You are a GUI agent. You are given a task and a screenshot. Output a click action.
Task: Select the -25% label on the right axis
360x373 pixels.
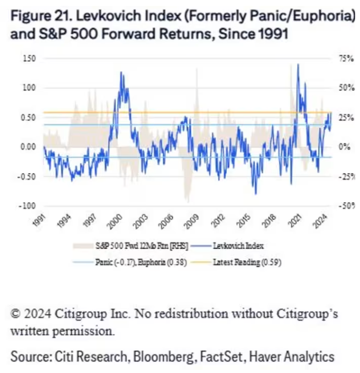pyautogui.click(x=346, y=176)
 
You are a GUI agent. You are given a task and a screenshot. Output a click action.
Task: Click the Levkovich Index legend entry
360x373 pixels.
pyautogui.click(x=239, y=246)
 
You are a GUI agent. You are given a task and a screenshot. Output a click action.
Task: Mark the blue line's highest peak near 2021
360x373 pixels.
pyautogui.click(x=297, y=65)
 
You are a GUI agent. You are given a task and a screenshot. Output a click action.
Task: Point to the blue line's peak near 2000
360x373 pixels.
pyautogui.click(x=121, y=72)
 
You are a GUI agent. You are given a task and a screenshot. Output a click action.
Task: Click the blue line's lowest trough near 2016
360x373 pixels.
pyautogui.click(x=255, y=194)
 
